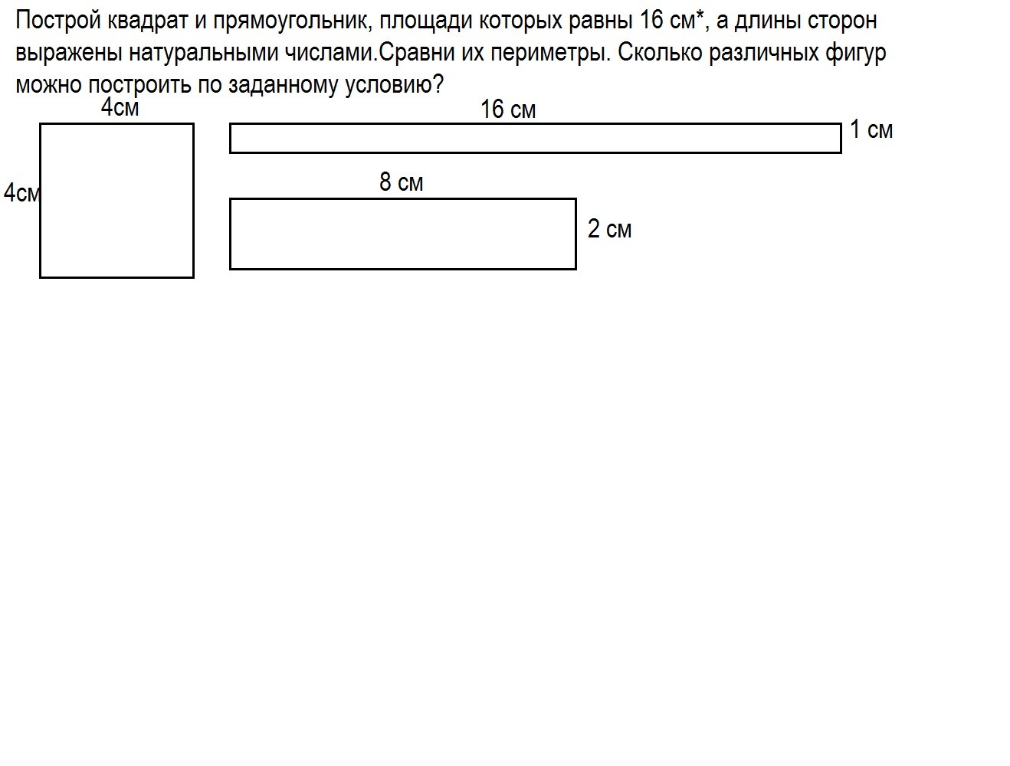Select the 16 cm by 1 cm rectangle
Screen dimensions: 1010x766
point(535,123)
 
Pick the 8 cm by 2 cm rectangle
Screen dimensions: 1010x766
point(402,199)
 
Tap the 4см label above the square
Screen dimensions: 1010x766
point(120,107)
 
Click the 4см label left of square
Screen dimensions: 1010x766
point(21,193)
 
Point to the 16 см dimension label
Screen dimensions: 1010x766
point(508,110)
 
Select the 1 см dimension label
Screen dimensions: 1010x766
point(871,129)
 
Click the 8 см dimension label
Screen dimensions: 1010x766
point(402,182)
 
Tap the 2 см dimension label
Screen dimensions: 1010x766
point(609,229)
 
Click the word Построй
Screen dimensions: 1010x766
point(58,21)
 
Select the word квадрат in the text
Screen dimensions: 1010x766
point(148,21)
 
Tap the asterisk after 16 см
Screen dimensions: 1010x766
point(700,15)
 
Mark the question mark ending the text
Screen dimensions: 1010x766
point(438,84)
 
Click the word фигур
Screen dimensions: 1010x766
point(855,53)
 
